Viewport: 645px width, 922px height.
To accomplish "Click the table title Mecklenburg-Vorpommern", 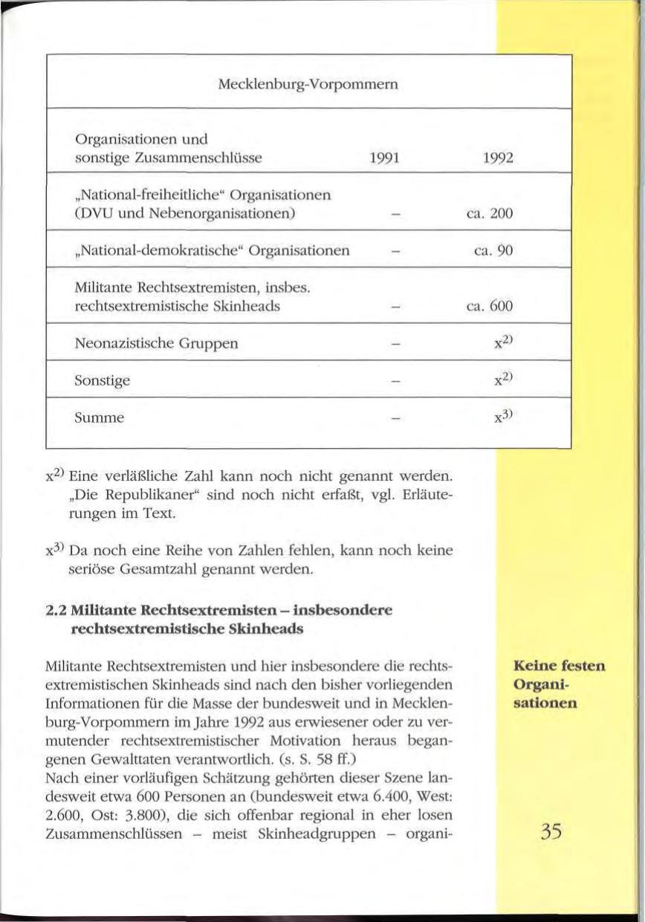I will [309, 84].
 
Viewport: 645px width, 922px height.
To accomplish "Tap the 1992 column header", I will [494, 158].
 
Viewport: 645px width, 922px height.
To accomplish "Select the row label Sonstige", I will [103, 380].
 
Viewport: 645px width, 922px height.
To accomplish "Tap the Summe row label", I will [100, 418].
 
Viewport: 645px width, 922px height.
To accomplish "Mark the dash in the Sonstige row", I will [383, 380].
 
